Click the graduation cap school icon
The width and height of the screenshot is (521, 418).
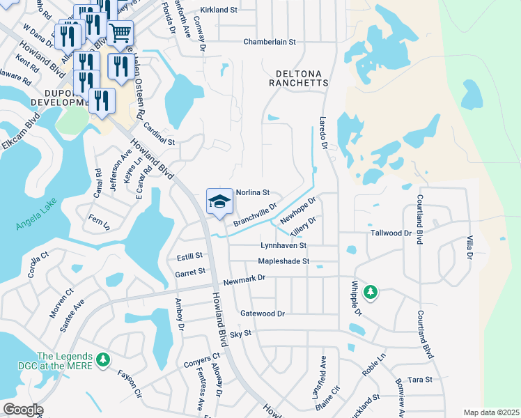pos(219,202)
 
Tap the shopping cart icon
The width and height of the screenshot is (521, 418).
pos(120,32)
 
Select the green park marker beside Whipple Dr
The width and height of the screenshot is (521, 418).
pos(371,291)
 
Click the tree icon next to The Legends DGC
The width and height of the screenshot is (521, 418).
pos(103,359)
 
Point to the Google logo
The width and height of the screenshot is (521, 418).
pos(22,410)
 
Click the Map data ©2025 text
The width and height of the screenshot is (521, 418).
pos(491,412)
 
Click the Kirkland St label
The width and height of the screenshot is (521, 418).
pos(219,10)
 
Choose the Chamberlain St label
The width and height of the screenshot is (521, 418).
pos(270,42)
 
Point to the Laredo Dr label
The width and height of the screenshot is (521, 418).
pos(322,132)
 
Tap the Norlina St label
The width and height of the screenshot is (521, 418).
pos(252,192)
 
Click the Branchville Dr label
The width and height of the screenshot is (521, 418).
pos(255,215)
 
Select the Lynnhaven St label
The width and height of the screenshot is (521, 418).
pos(283,246)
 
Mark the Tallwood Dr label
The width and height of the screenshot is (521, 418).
pos(391,233)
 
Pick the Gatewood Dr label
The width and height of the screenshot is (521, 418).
pos(262,313)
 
